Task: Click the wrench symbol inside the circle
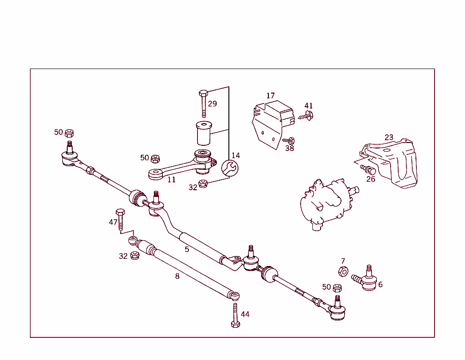click(229, 168)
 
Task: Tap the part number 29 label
click(213, 104)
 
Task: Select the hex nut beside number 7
click(343, 271)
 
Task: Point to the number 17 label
click(271, 96)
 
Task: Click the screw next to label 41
click(307, 116)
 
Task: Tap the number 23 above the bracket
click(389, 137)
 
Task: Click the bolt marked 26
click(368, 170)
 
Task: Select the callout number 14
click(235, 155)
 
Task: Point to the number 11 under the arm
click(171, 180)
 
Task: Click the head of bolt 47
click(120, 212)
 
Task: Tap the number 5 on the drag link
click(187, 249)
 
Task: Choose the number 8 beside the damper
click(177, 276)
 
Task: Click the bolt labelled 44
click(234, 316)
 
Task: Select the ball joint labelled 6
click(367, 279)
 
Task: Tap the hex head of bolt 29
click(203, 94)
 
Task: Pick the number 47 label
click(113, 222)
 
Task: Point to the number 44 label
click(245, 314)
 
